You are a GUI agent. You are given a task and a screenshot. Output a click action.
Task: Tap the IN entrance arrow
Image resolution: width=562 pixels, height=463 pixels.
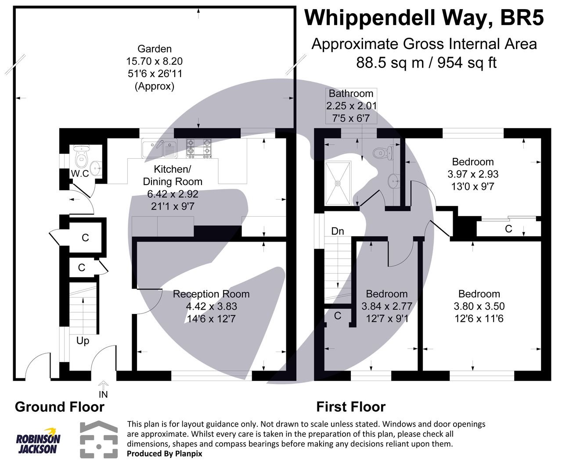(103, 386)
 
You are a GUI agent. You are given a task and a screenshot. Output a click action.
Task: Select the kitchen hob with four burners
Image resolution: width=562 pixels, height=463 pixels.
(199, 148)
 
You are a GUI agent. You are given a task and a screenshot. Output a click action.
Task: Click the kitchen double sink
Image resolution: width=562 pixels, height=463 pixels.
(159, 148)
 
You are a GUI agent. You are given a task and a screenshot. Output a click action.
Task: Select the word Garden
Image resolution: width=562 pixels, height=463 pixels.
(155, 49)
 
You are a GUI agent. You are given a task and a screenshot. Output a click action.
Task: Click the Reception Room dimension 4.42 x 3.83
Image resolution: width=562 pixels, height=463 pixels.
(211, 306)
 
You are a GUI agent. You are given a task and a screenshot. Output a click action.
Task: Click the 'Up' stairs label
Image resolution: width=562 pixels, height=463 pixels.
(83, 340)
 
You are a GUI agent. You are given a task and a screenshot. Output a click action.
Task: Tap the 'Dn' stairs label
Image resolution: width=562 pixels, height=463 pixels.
(337, 231)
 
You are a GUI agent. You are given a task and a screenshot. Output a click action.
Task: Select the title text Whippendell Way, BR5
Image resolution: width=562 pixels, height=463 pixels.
(424, 18)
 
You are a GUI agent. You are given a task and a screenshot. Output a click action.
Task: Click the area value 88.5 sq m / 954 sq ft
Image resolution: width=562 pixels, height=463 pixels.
(426, 63)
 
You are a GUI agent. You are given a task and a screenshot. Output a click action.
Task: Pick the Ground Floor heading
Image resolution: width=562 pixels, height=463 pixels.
(60, 407)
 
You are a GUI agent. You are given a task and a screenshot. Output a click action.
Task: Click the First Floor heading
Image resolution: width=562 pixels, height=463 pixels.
(351, 407)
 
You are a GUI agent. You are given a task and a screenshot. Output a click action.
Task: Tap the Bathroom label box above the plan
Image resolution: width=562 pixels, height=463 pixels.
(351, 106)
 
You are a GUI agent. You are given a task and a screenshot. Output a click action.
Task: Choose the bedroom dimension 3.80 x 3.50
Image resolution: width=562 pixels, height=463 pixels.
(479, 306)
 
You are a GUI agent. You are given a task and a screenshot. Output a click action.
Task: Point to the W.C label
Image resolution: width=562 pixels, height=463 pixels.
(80, 174)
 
